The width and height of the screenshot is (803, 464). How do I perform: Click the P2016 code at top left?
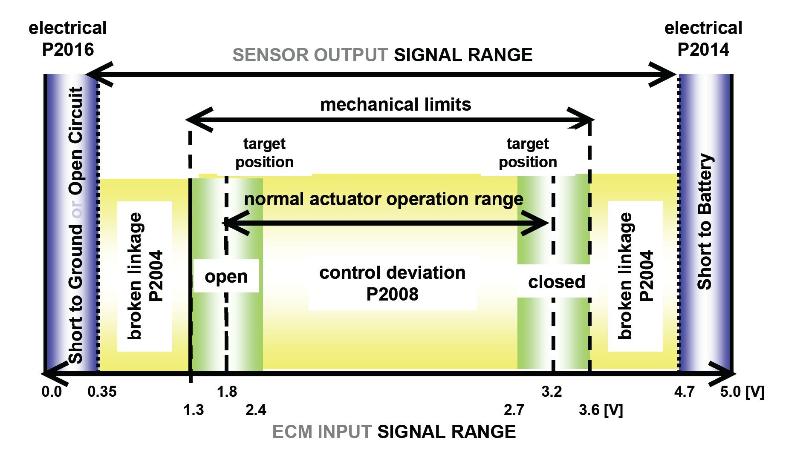tap(68, 49)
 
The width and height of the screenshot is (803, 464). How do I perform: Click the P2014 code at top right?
tap(703, 49)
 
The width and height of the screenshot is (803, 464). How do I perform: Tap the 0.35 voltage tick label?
tap(102, 392)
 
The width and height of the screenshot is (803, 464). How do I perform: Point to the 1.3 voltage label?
tap(194, 410)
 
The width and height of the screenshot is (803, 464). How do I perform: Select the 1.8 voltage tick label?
tap(227, 392)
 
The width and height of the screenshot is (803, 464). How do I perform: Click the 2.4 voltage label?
tap(256, 410)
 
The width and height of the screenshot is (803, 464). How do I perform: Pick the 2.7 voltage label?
tap(514, 410)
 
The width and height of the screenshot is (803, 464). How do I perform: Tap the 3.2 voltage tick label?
tap(552, 392)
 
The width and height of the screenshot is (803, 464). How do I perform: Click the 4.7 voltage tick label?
tap(685, 392)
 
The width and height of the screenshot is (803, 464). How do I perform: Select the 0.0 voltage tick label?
tap(52, 392)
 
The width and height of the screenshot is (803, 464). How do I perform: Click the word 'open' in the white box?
tap(226, 277)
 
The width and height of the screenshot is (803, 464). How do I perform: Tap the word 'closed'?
tap(557, 282)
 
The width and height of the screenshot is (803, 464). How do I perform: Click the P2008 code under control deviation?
tap(393, 294)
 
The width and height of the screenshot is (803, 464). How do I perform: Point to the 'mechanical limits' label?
tap(396, 104)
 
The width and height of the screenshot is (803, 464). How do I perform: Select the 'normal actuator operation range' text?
tap(384, 199)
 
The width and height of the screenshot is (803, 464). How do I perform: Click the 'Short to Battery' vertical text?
tap(705, 222)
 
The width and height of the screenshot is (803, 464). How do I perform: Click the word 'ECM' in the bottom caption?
tap(292, 432)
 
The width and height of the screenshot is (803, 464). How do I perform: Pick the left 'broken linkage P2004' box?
tap(145, 276)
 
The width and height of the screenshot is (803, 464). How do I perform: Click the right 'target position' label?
tap(528, 153)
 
